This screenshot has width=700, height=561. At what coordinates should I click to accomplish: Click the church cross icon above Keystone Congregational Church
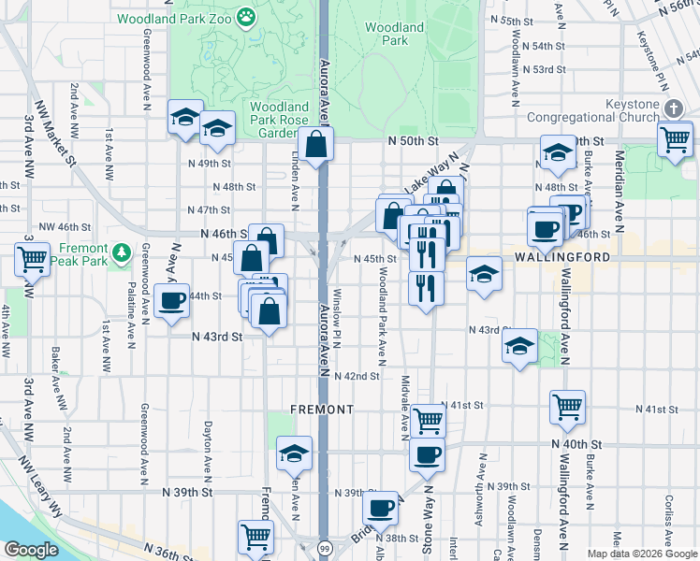(x=672, y=108)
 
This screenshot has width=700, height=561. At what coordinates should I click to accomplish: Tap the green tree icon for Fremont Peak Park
(x=121, y=252)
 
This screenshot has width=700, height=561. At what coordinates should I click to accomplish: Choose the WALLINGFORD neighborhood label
(x=561, y=256)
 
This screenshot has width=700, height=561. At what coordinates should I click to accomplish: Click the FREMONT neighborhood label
(x=321, y=410)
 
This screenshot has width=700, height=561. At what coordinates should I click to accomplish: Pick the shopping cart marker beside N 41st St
(x=567, y=407)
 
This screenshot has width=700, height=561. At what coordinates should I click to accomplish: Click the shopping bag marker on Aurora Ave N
(x=317, y=144)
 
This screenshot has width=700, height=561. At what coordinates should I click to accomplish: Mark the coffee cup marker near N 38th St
(x=380, y=508)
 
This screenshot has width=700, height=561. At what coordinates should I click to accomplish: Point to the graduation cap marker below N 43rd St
(x=519, y=346)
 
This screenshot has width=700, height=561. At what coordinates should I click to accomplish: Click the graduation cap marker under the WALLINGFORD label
(x=484, y=274)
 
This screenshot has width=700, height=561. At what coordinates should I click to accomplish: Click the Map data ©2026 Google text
(x=641, y=554)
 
